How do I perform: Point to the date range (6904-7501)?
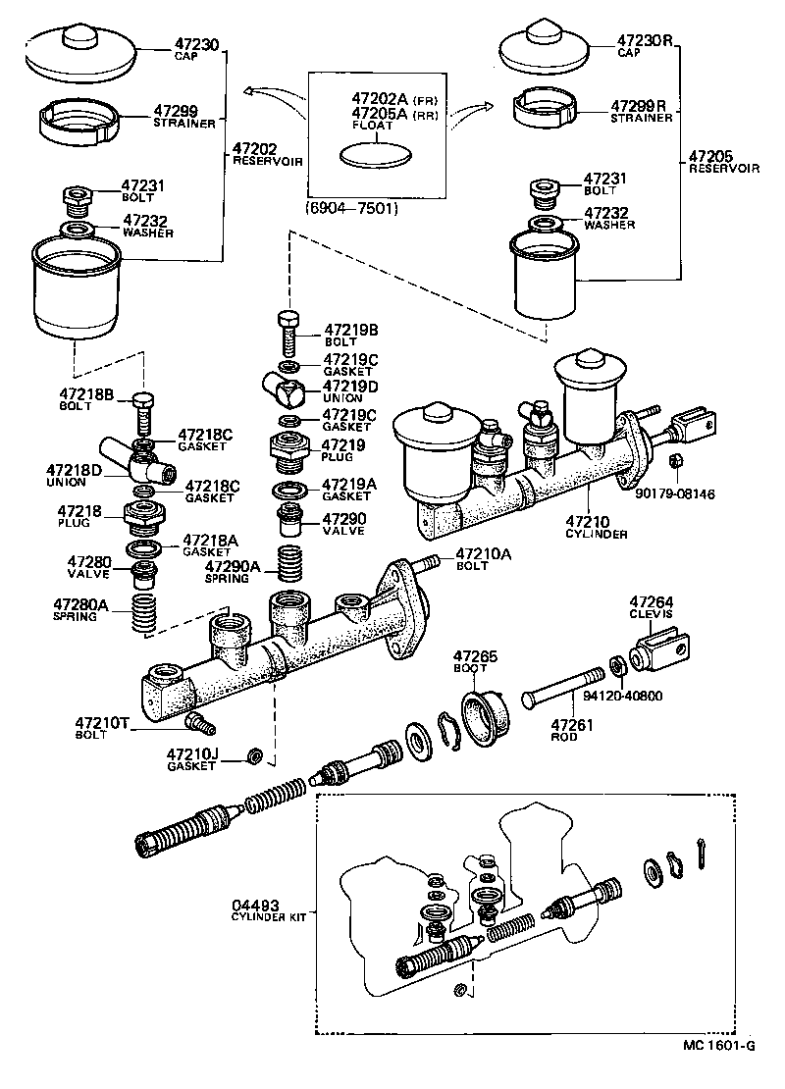pos(352,208)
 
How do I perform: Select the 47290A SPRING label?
pos(233,572)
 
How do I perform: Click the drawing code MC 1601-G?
pos(717,1071)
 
